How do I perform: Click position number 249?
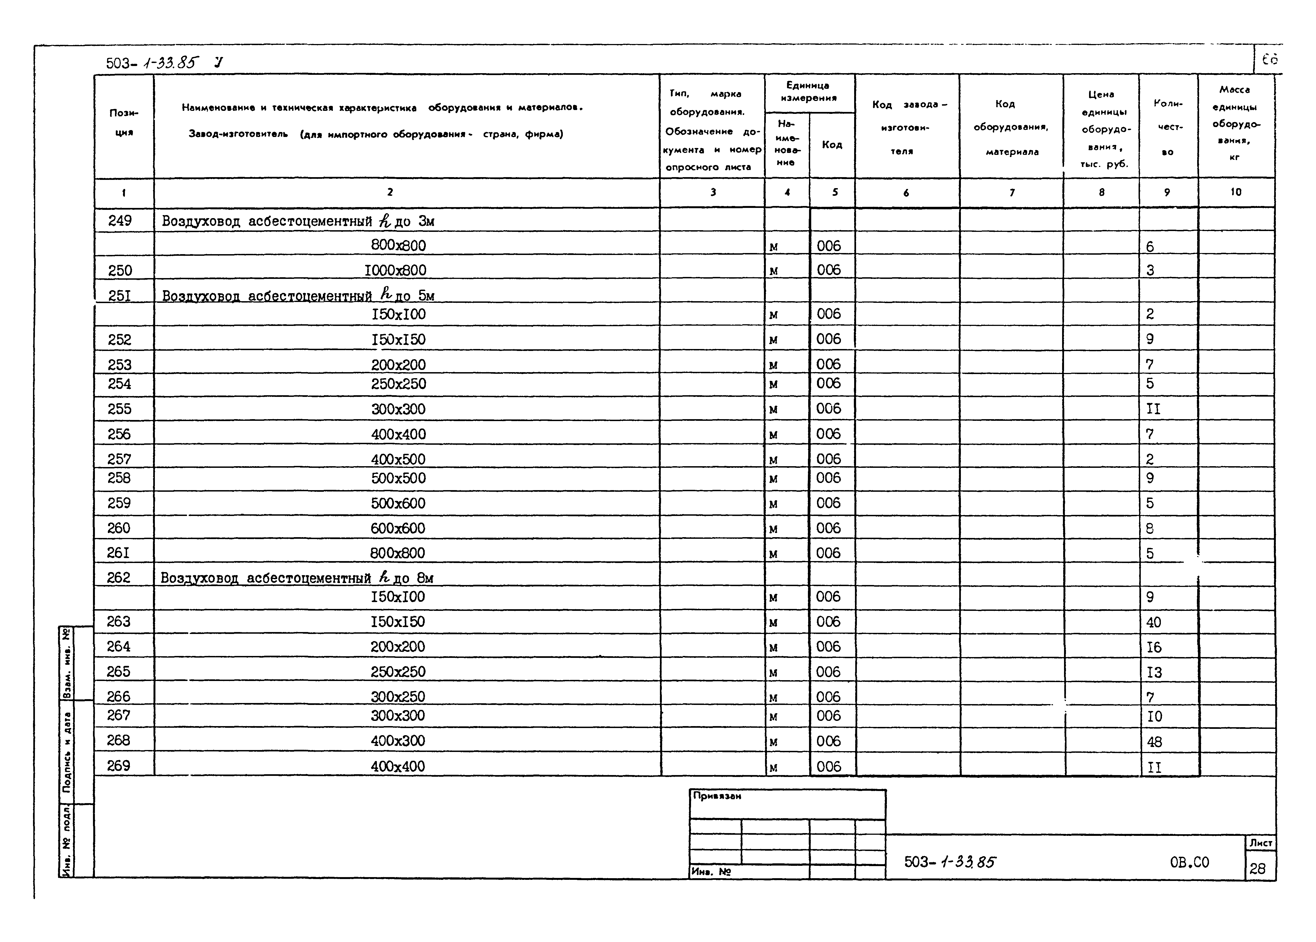point(120,220)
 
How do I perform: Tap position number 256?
point(119,434)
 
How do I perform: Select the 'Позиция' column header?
point(124,122)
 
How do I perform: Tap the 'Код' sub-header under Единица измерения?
point(832,144)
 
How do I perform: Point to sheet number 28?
point(1257,868)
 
